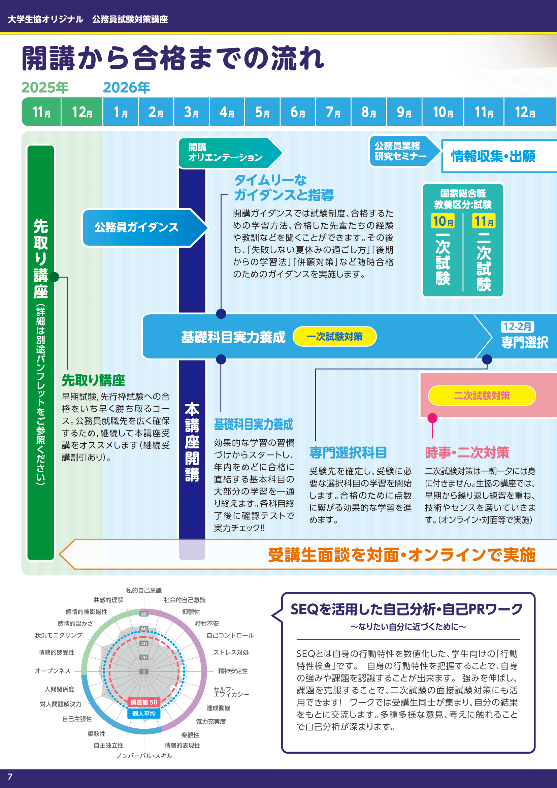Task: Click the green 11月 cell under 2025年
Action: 41,112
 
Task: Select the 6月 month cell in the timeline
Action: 298,112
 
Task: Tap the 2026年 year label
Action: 127,88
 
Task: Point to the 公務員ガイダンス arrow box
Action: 141,227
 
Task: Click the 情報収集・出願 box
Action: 494,156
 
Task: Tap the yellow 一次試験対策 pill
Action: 334,337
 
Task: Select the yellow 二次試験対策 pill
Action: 482,396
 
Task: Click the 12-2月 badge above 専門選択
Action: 517,327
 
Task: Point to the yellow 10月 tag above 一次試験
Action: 443,221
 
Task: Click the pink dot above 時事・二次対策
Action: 432,418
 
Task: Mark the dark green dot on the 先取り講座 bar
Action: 54,277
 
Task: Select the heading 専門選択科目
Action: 348,453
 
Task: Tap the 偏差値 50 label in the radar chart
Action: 144,702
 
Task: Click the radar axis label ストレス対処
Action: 231,653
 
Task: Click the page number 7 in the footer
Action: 10,777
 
